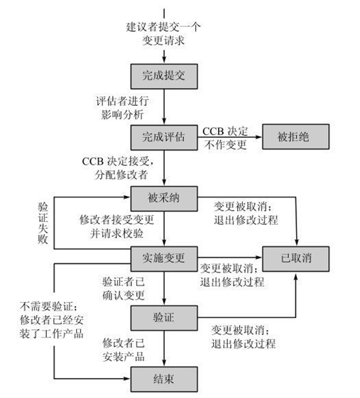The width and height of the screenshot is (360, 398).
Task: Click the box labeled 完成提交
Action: [x=163, y=74]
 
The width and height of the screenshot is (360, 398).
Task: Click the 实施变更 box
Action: [x=163, y=258]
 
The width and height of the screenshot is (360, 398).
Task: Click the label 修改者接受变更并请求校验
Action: [x=114, y=226]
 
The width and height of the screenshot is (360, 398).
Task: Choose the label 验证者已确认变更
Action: [x=124, y=288]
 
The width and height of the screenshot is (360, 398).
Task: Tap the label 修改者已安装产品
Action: [x=125, y=348]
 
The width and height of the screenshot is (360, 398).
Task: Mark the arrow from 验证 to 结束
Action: [x=164, y=348]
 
